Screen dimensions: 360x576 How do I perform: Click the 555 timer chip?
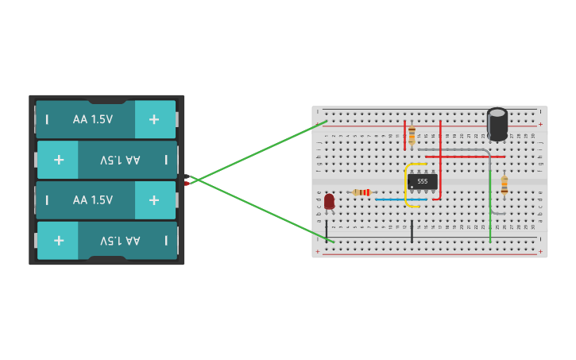(x=422, y=181)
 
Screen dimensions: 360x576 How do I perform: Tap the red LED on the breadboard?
(x=329, y=202)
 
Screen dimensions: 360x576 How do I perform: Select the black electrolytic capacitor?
(x=497, y=124)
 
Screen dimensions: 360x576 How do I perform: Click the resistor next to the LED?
(x=362, y=192)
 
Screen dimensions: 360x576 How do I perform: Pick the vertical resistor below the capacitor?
(x=504, y=185)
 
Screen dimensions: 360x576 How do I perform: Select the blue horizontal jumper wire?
(x=400, y=199)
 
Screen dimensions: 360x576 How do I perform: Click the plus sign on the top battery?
(x=153, y=119)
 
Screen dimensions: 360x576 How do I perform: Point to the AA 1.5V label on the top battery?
(x=93, y=119)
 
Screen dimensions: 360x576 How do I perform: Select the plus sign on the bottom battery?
(x=59, y=240)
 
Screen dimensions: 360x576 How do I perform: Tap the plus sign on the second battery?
(x=59, y=160)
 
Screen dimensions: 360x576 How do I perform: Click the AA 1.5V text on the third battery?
(x=93, y=200)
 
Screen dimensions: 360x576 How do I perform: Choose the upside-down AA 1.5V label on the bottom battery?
(x=120, y=240)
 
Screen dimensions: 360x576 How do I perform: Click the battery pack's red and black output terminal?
(x=187, y=180)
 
